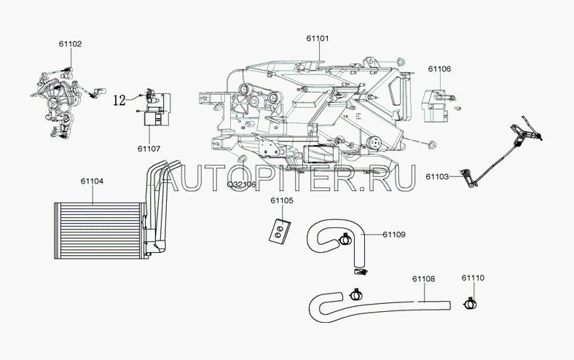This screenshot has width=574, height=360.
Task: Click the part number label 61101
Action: [318, 39]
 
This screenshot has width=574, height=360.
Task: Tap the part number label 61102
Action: [70, 44]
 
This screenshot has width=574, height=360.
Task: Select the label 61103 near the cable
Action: [437, 176]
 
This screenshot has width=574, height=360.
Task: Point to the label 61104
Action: [93, 181]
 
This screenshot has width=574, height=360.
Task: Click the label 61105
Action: [282, 200]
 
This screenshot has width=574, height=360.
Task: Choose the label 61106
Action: [440, 69]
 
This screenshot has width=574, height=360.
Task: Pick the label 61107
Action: [149, 149]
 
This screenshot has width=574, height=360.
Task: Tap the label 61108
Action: [424, 278]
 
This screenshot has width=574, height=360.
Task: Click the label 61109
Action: [394, 235]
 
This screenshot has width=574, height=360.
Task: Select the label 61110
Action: [473, 278]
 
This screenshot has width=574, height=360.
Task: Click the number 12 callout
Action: [119, 100]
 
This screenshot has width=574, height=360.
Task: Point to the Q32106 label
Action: [242, 184]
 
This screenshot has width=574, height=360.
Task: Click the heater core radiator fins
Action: [98, 231]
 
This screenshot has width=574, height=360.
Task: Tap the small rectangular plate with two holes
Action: [280, 231]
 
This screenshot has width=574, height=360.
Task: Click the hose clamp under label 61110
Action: [471, 303]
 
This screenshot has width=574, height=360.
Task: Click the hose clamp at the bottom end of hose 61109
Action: [361, 272]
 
